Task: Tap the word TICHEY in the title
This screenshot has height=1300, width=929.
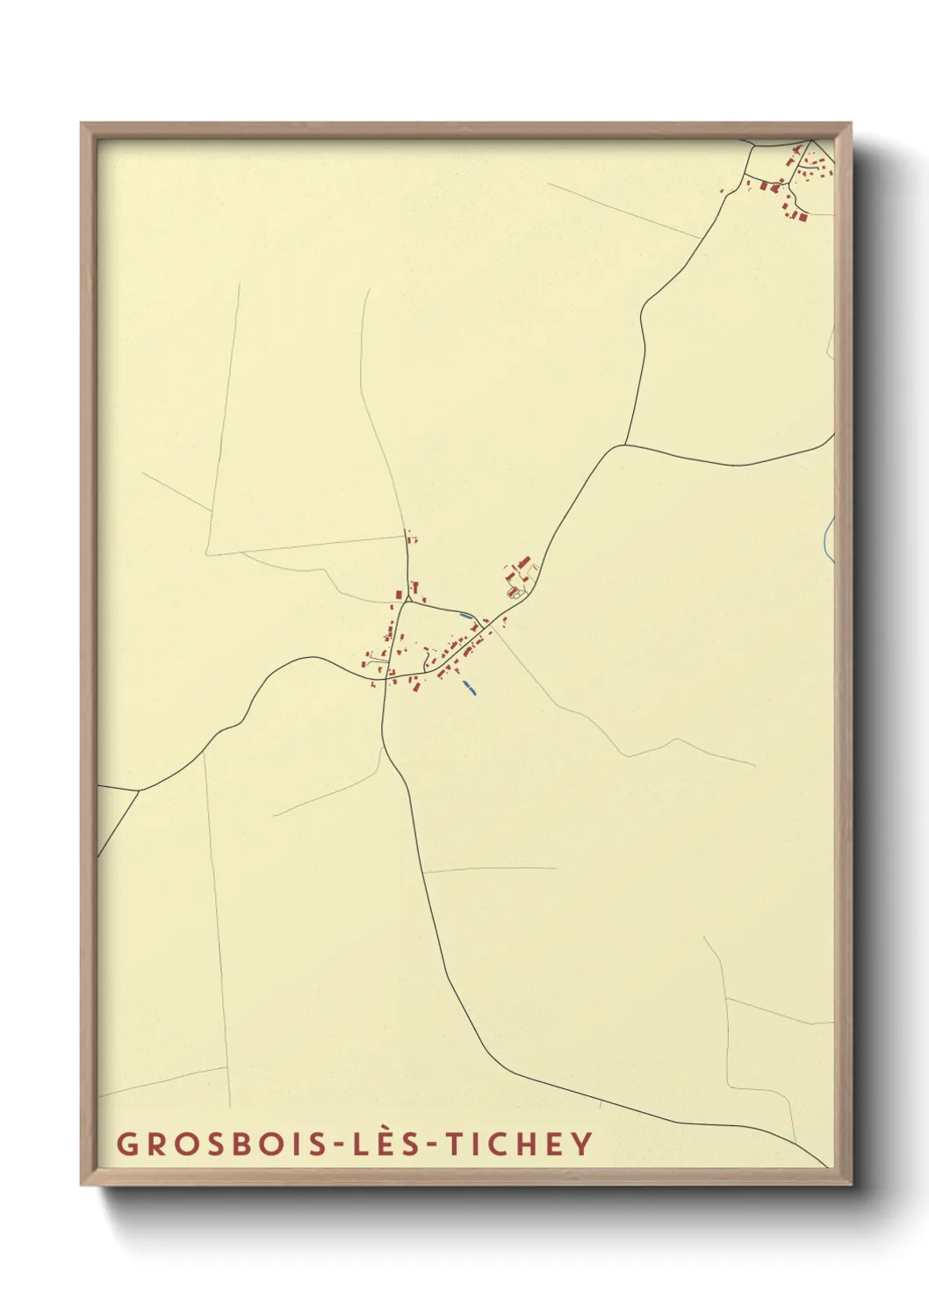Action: pyautogui.click(x=520, y=1144)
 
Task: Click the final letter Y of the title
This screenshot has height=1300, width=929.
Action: pyautogui.click(x=581, y=1144)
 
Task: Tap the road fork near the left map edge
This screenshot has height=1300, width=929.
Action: pyautogui.click(x=138, y=791)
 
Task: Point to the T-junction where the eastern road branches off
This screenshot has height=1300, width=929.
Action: pyautogui.click(x=625, y=444)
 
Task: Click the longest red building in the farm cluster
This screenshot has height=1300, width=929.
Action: pyautogui.click(x=524, y=561)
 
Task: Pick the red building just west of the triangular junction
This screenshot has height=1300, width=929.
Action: pyautogui.click(x=397, y=595)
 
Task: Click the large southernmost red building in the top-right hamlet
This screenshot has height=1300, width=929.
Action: pyautogui.click(x=801, y=216)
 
